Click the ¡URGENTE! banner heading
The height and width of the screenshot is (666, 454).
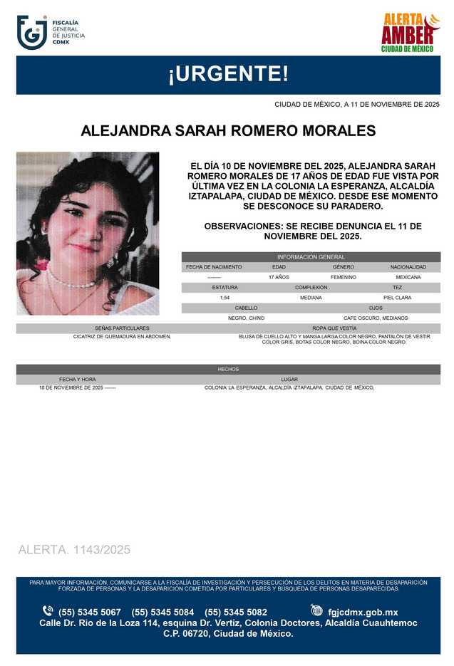point(227,74)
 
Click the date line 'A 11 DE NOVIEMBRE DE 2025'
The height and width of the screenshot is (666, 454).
point(357,105)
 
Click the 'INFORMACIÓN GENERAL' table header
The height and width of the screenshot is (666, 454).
point(311,257)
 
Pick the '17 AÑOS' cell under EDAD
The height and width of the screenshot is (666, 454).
point(279,277)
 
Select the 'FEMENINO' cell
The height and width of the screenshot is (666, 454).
point(344,277)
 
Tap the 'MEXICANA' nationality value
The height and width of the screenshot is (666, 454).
point(408,277)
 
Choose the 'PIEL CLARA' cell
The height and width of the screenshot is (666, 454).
point(397,298)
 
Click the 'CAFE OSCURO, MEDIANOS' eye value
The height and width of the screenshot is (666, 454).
point(376,318)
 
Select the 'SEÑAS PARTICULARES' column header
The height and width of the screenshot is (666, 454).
point(122,328)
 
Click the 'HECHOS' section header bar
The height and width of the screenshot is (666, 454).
point(228,370)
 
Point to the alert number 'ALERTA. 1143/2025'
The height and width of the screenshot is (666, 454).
point(74,550)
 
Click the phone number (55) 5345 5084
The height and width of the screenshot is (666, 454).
point(162,613)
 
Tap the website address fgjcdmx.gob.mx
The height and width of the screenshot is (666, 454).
point(363,613)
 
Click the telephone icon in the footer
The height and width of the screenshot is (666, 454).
point(48,611)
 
